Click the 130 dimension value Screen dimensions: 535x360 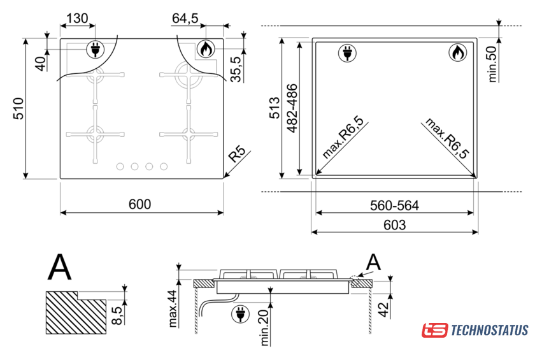pos(77,18)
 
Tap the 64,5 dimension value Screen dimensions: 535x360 pos(185,18)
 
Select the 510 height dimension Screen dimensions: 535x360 pos(18,108)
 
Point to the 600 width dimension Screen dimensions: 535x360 pos(139,204)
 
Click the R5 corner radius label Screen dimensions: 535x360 pos(237,154)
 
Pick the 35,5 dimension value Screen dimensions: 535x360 pos(236,69)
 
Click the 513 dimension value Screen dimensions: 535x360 pos(275,108)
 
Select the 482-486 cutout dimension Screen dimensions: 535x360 pos(292,108)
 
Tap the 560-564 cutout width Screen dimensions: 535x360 pos(394,205)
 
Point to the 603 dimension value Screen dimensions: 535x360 pos(394,225)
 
